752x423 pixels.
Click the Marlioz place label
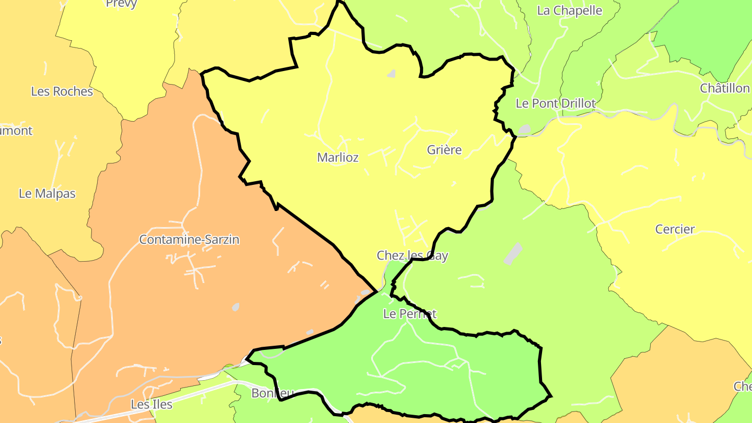[x=338, y=157]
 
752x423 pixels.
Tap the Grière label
[x=444, y=150]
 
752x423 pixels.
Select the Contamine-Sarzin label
[x=189, y=240]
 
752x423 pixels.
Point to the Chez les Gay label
[x=413, y=256]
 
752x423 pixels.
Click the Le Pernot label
[x=409, y=314]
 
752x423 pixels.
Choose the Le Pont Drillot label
[x=556, y=103]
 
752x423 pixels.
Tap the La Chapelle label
[x=570, y=10]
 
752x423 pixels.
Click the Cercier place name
[x=675, y=229]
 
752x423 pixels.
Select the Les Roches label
[x=62, y=91]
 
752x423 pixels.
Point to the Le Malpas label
[x=47, y=193]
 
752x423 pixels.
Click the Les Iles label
[x=151, y=404]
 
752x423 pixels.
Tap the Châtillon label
[x=725, y=88]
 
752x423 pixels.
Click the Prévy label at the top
[x=121, y=4]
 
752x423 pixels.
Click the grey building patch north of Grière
[x=392, y=74]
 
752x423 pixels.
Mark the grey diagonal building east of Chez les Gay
[x=513, y=253]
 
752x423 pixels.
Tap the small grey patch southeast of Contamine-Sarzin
[x=236, y=307]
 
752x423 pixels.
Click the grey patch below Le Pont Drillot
[x=524, y=128]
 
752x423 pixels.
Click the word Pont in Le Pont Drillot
[x=547, y=103]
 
